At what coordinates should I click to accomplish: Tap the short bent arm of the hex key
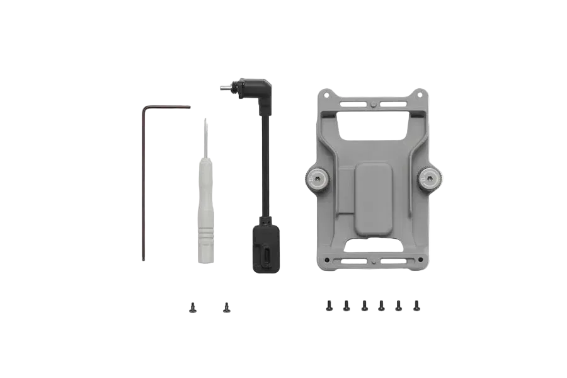167,107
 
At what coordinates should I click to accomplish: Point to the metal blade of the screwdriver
205,135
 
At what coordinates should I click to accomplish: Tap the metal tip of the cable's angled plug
223,88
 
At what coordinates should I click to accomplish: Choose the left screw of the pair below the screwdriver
192,307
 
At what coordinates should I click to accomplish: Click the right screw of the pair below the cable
226,307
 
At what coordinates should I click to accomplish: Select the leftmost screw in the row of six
329,306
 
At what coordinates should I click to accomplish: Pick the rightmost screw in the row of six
416,306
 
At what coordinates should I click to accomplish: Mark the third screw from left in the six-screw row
364,306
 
